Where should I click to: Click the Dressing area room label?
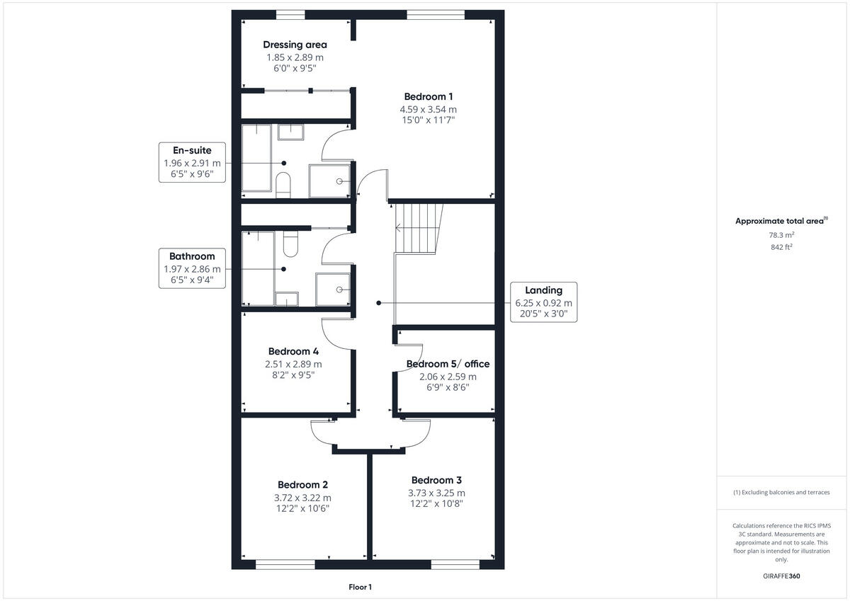295,45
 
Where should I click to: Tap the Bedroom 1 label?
428,97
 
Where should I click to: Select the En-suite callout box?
193,161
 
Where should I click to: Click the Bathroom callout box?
191,268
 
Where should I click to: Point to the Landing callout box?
543,302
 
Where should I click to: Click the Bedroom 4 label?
293,352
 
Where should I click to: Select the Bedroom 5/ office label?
448,365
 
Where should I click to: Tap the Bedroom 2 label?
302,485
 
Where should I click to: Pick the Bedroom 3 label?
436,480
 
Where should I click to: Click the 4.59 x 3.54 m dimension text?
428,110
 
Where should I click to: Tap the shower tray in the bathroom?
333,289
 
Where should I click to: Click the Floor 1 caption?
360,587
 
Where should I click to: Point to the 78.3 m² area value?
781,234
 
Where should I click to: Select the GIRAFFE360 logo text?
781,576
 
